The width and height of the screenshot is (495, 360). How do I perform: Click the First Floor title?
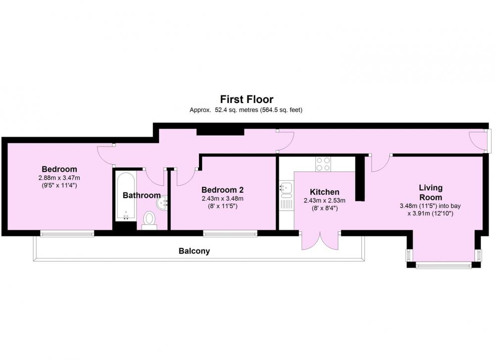click(247, 99)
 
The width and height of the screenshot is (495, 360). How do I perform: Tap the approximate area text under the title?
click(246, 110)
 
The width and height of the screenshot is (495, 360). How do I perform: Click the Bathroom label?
click(142, 195)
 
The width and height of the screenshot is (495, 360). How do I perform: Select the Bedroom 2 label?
click(222, 190)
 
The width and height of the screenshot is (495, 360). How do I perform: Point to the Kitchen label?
click(325, 192)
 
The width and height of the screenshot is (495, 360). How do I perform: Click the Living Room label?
click(431, 192)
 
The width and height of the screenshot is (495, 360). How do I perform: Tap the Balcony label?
click(194, 251)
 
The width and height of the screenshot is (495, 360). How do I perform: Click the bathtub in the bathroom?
click(126, 196)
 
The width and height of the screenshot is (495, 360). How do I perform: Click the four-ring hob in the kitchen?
click(323, 164)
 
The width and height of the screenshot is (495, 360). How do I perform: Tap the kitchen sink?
click(286, 189)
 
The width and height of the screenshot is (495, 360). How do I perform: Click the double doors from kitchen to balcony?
click(320, 241)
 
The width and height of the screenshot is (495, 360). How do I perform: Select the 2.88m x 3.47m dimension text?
click(59, 178)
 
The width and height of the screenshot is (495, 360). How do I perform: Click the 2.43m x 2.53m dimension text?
click(325, 201)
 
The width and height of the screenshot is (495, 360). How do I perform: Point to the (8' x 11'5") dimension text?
click(222, 206)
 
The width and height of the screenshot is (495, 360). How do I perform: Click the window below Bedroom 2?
click(230, 234)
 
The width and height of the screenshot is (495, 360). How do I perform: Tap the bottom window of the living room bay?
click(444, 266)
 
